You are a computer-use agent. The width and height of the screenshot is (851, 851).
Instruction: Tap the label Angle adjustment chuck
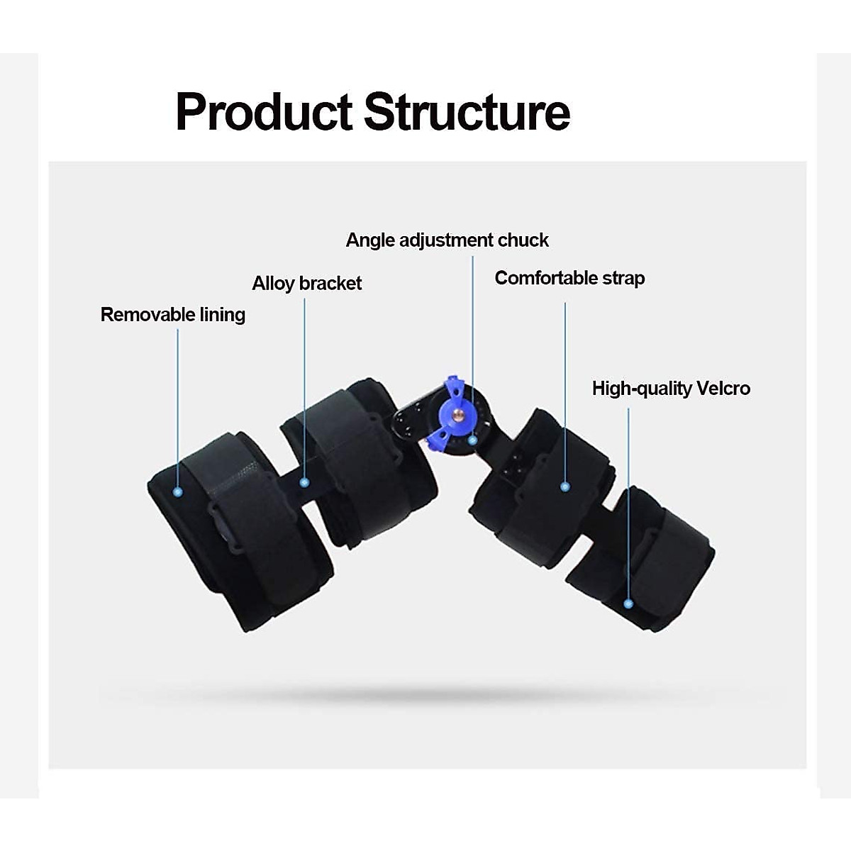(x=447, y=240)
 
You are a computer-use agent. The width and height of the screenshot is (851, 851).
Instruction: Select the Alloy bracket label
(x=307, y=283)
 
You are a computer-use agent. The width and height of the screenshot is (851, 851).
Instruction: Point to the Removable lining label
(x=172, y=315)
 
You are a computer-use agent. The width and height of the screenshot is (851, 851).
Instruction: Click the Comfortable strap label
(x=569, y=278)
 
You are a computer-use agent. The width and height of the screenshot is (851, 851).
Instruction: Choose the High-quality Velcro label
(x=671, y=389)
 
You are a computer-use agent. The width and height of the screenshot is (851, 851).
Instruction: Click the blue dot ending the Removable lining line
(x=178, y=491)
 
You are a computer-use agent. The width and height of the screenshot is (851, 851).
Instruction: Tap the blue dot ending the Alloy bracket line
(x=304, y=483)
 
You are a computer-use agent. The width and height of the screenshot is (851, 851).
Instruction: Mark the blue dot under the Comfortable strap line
(x=565, y=487)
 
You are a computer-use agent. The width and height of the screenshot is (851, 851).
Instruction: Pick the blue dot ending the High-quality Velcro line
(x=628, y=604)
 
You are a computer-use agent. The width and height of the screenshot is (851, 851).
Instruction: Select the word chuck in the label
(x=523, y=240)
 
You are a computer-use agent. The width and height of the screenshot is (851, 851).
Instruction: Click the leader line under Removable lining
(x=178, y=408)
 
